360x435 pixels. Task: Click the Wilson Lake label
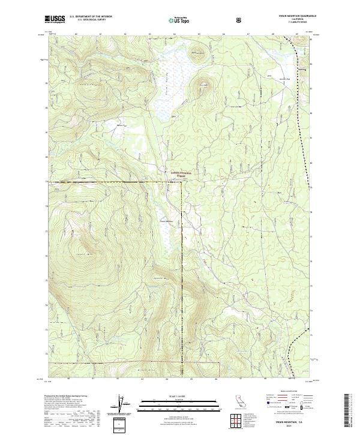pyautogui.click(x=122, y=125)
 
